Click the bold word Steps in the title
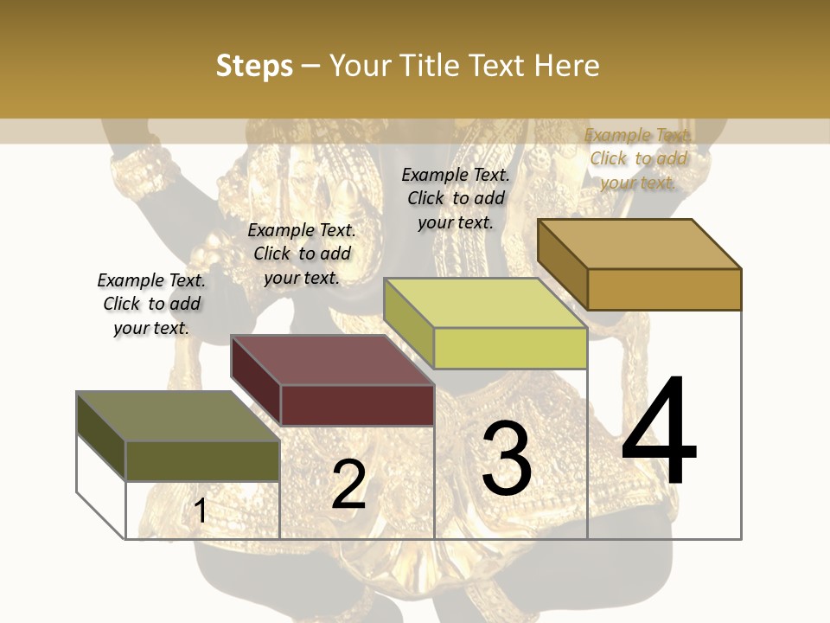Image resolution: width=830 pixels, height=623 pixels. click(x=254, y=66)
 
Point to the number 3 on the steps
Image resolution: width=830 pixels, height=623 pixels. click(x=507, y=459)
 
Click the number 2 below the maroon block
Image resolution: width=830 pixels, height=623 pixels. click(x=348, y=485)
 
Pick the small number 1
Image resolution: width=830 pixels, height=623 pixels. click(x=201, y=511)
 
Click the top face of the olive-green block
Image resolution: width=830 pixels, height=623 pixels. click(x=177, y=416)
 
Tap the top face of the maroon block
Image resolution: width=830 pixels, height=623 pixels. click(x=332, y=360)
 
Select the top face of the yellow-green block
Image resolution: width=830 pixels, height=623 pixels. click(x=485, y=303)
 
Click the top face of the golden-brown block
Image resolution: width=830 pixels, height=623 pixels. click(x=639, y=244)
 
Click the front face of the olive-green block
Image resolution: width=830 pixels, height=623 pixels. click(x=202, y=460)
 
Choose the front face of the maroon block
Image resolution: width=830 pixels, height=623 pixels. click(x=357, y=405)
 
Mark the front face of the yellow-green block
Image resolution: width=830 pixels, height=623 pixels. click(x=510, y=348)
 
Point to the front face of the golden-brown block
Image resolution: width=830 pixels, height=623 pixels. click(x=664, y=289)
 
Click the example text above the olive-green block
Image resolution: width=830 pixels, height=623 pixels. click(x=151, y=304)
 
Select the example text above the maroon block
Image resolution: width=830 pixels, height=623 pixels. click(x=302, y=254)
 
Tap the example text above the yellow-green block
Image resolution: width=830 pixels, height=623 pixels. click(x=456, y=198)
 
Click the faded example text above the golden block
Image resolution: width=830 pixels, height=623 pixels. click(x=638, y=158)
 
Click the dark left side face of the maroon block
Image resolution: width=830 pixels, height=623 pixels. click(x=256, y=380)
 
